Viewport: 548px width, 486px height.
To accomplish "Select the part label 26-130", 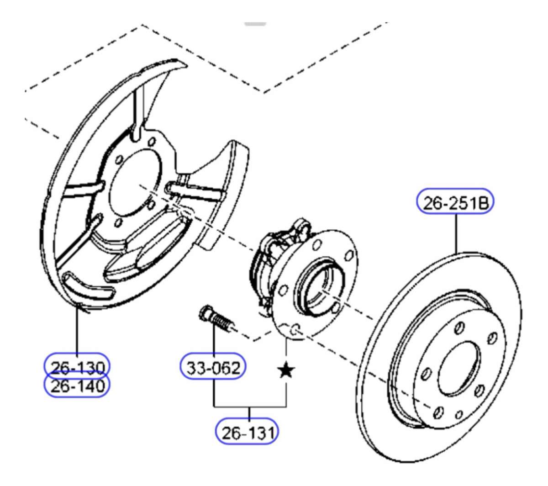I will (x=77, y=366).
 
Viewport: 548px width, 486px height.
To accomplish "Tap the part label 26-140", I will (x=77, y=386).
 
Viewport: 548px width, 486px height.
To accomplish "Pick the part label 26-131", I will (x=248, y=432).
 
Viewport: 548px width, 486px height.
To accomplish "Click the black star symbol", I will (x=286, y=370).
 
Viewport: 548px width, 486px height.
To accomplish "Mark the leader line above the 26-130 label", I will (x=77, y=331).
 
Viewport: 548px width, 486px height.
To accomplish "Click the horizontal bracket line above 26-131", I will (x=250, y=406).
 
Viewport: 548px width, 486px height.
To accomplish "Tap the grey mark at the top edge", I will (x=255, y=23).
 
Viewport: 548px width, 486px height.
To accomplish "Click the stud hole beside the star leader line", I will (x=295, y=328).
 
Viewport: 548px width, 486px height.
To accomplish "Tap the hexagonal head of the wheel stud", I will (x=204, y=314).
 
